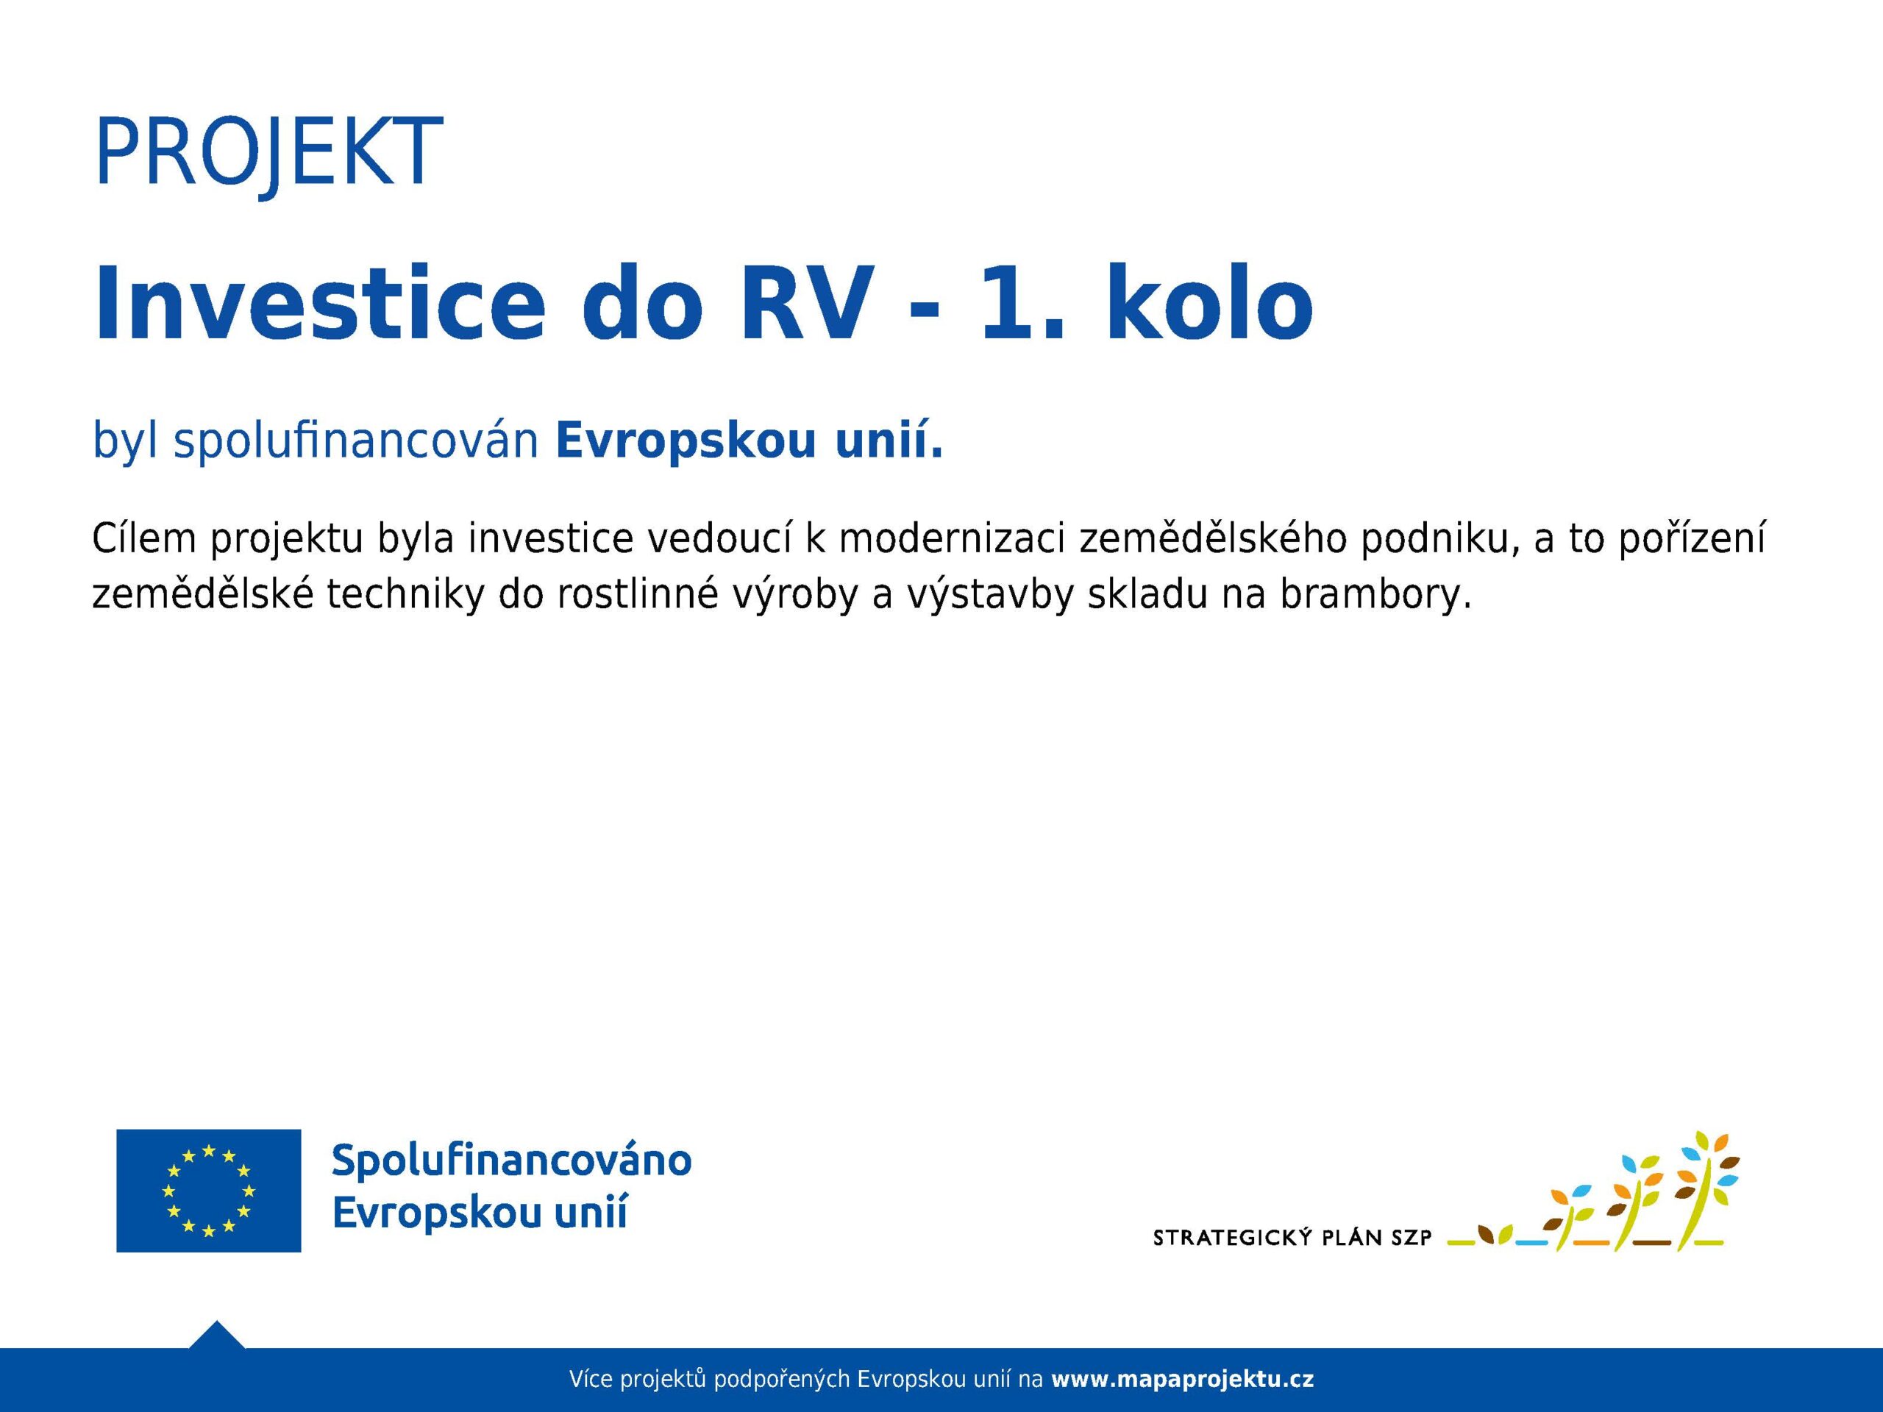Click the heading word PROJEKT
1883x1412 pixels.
[x=269, y=153]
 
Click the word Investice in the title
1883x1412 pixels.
[x=319, y=303]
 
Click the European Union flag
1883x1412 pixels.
[x=209, y=1190]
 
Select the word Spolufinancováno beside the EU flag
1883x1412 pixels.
[x=512, y=1161]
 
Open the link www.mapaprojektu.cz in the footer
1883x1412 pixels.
[x=1183, y=1380]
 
